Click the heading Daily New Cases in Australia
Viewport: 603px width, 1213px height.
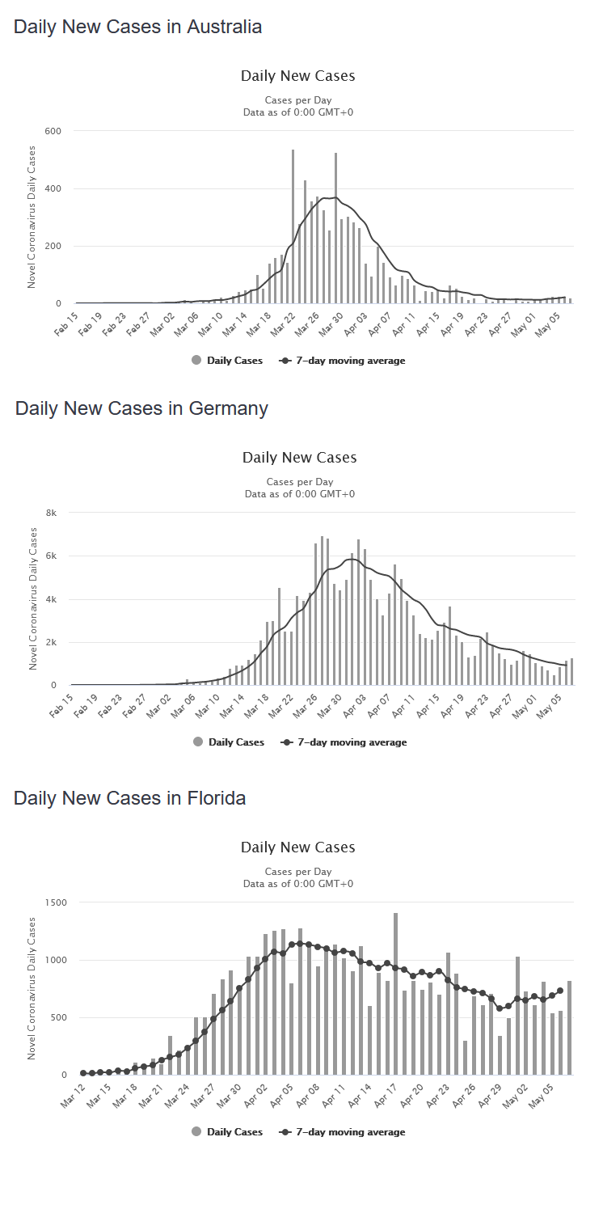(137, 27)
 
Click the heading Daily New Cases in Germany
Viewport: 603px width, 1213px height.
(141, 408)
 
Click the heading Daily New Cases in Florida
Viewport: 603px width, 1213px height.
(129, 798)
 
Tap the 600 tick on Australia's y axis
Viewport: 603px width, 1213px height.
(53, 131)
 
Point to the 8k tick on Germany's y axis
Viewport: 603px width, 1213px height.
(50, 513)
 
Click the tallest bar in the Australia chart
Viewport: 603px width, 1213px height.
(293, 226)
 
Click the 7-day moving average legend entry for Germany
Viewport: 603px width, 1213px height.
(344, 742)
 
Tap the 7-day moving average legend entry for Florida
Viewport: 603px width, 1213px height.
(342, 1132)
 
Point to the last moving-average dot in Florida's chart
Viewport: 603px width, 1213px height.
(560, 990)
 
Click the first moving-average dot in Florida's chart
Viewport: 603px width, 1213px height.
(83, 1073)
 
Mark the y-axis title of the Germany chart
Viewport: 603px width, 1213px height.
(33, 598)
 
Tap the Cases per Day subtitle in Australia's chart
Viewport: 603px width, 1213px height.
(298, 100)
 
